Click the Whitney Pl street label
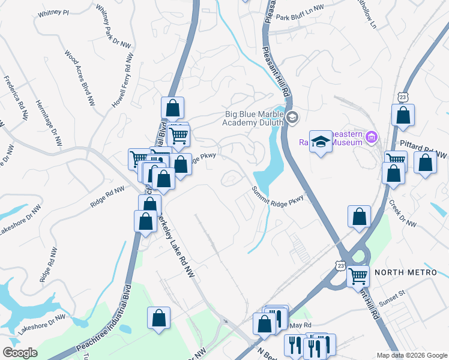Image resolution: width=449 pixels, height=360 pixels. (53, 12)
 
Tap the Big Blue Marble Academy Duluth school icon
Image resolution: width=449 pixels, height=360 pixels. (292, 116)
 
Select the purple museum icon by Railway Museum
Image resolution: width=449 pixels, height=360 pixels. (372, 139)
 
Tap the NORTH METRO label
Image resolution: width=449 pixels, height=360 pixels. (406, 272)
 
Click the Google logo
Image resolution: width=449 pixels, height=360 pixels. (20, 353)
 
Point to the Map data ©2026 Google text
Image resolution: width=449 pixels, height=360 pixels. (411, 355)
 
